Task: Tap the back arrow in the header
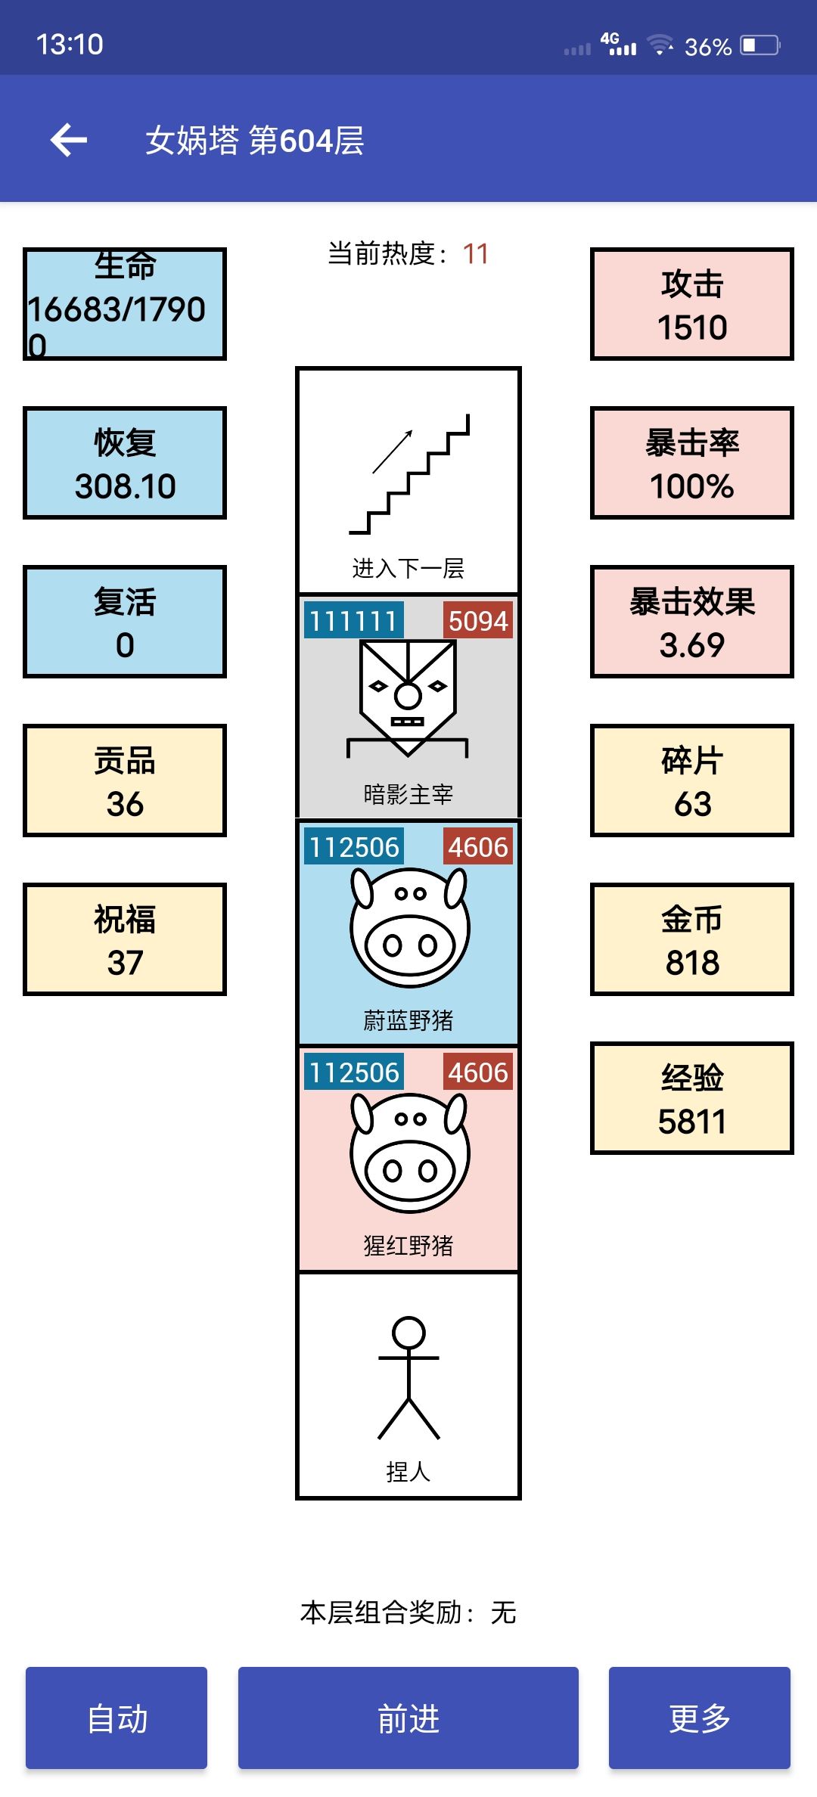(x=69, y=140)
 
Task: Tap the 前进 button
(x=408, y=1718)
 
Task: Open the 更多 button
(x=700, y=1718)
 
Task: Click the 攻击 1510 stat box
(x=692, y=304)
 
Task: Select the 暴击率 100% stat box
(x=692, y=463)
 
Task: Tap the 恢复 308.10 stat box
(x=125, y=463)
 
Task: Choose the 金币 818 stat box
(x=692, y=939)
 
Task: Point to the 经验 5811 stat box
(x=692, y=1098)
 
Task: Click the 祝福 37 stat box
(x=125, y=939)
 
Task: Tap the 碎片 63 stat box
(x=692, y=781)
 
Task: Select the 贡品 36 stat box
(x=125, y=781)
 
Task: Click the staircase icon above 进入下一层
(x=409, y=474)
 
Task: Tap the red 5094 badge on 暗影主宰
(x=477, y=620)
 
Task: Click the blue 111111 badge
(x=353, y=620)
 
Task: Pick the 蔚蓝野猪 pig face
(x=409, y=926)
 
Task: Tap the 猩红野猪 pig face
(x=409, y=1152)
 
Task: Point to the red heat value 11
(x=475, y=253)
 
